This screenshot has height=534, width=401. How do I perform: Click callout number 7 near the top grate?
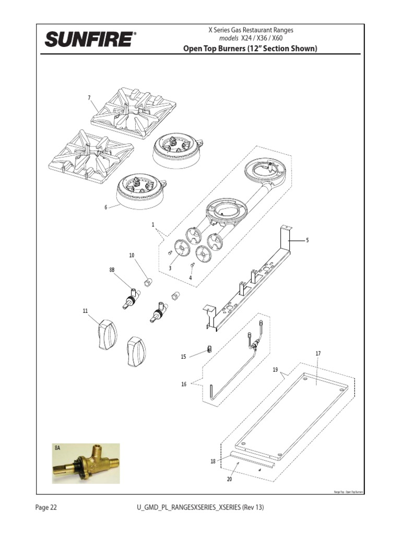click(89, 98)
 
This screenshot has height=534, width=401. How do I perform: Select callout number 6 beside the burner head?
click(105, 207)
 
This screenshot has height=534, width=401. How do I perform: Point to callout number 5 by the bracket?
click(308, 240)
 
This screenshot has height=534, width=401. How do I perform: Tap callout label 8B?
click(112, 270)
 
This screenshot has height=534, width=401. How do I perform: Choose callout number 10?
click(132, 255)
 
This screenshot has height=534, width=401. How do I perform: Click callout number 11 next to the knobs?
click(85, 311)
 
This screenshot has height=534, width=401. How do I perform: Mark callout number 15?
click(183, 357)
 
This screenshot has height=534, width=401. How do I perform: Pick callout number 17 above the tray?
click(317, 354)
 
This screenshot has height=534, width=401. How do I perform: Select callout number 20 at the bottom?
click(229, 479)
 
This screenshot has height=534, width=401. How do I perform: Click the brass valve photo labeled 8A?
click(86, 464)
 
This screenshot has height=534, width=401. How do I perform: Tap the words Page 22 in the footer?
click(46, 507)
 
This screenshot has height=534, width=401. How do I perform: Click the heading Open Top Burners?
click(250, 49)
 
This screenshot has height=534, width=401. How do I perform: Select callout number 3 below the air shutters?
click(170, 268)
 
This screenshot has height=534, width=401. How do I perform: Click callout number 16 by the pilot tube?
click(184, 384)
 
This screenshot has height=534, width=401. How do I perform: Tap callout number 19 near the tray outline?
click(275, 370)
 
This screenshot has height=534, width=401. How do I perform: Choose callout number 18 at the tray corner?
click(213, 462)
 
